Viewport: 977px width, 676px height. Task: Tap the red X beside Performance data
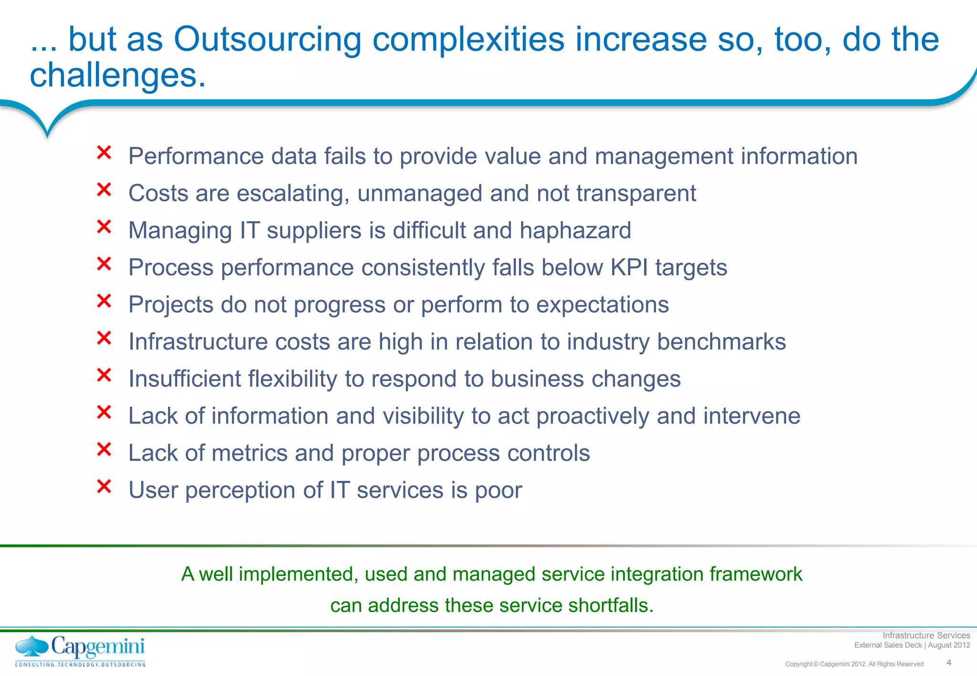pyautogui.click(x=104, y=153)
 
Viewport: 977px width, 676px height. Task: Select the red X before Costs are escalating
pyautogui.click(x=104, y=190)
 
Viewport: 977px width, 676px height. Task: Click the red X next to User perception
pyautogui.click(x=104, y=487)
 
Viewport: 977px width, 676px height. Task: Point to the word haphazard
pyautogui.click(x=575, y=231)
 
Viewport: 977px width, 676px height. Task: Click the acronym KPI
pyautogui.click(x=629, y=267)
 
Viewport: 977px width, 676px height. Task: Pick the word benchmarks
pyautogui.click(x=721, y=342)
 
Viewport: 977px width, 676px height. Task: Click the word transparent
pyautogui.click(x=636, y=194)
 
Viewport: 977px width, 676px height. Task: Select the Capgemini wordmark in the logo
pyautogui.click(x=98, y=647)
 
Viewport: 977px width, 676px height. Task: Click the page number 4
pyautogui.click(x=949, y=663)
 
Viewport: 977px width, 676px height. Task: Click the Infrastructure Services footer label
pyautogui.click(x=926, y=635)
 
